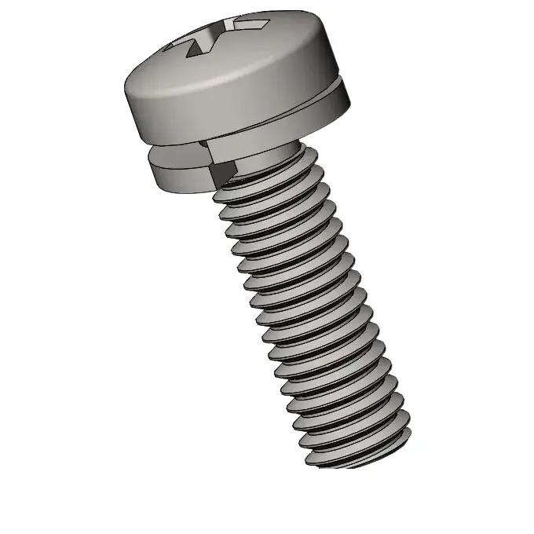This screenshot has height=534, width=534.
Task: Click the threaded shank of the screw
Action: pos(314,314)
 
